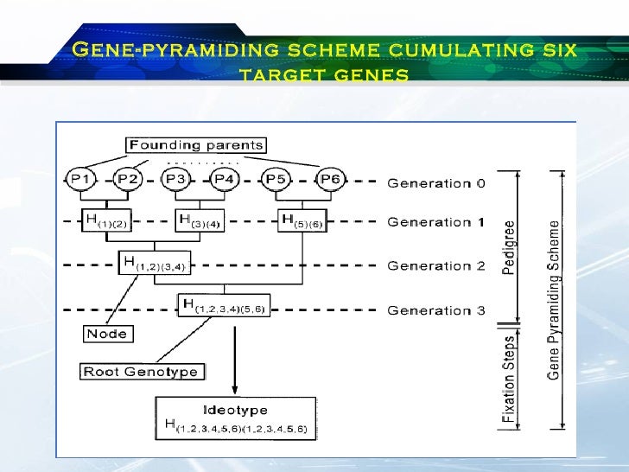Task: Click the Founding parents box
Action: point(196,145)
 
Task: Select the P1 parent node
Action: point(80,179)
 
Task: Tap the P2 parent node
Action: point(128,179)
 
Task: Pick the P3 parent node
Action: point(175,179)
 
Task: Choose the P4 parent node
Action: point(224,179)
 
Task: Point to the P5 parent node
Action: point(276,179)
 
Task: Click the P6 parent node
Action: point(329,179)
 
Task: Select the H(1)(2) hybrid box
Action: point(106,220)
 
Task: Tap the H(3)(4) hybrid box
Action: point(200,220)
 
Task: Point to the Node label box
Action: point(107,334)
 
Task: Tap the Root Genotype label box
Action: point(140,372)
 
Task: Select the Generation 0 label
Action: point(435,182)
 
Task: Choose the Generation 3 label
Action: point(435,310)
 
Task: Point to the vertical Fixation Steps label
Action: point(510,377)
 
